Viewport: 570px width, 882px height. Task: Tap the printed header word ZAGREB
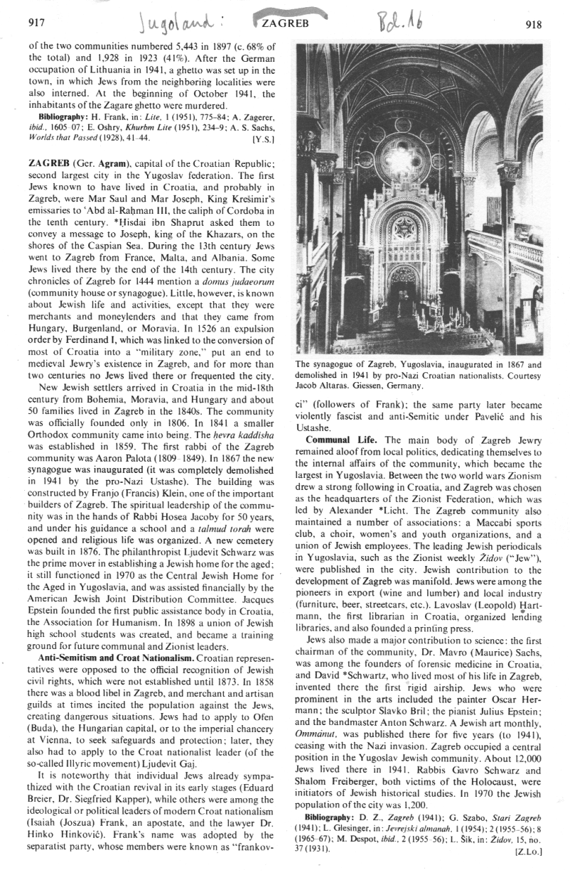click(286, 23)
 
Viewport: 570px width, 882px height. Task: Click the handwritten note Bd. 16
click(389, 21)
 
